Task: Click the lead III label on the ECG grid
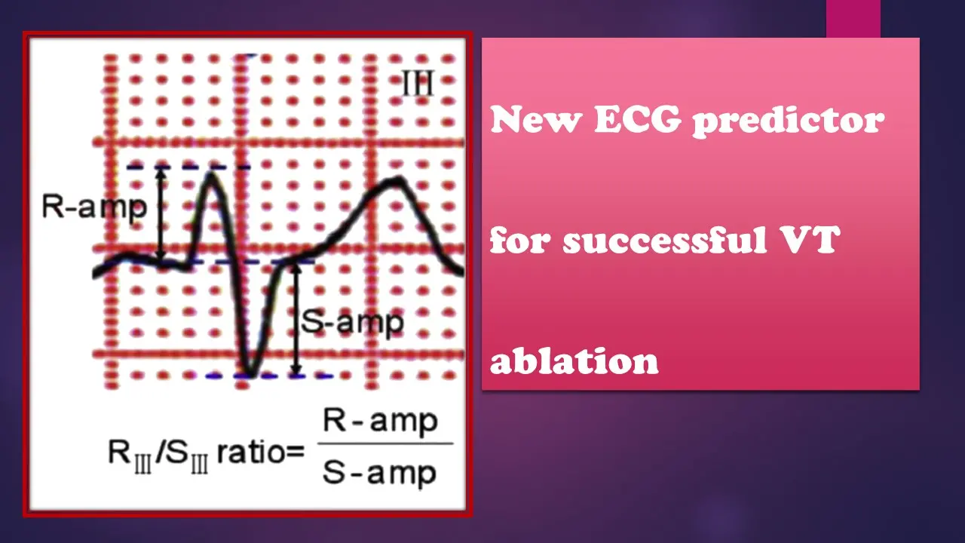(418, 83)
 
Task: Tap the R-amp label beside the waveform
(94, 207)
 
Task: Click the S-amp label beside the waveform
(352, 323)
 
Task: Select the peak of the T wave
(397, 179)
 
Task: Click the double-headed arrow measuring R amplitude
(161, 214)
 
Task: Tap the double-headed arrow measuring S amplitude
(295, 319)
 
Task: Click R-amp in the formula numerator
(381, 421)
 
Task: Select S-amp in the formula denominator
(379, 473)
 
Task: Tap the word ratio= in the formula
(261, 452)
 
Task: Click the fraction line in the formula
(385, 443)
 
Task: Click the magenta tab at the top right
(853, 19)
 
